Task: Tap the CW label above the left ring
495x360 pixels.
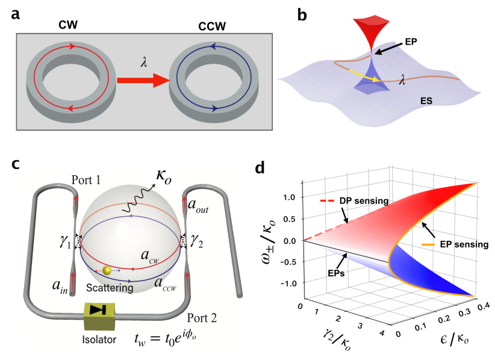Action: (x=71, y=27)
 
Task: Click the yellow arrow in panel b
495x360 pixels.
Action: (x=367, y=73)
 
